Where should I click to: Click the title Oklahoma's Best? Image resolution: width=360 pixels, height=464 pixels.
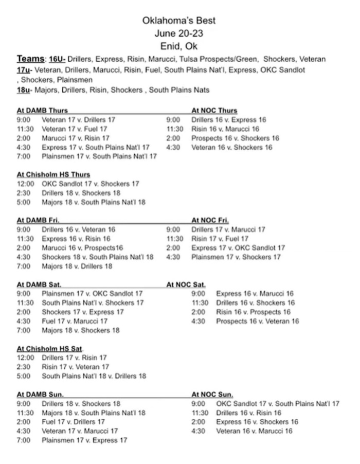pyautogui.click(x=179, y=21)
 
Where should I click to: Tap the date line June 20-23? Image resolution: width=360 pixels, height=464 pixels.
pyautogui.click(x=179, y=33)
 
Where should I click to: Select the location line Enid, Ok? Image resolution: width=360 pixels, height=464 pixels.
pyautogui.click(x=179, y=46)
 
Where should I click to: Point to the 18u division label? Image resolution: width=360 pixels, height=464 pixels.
pyautogui.click(x=25, y=90)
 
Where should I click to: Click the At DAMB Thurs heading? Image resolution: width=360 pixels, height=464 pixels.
pyautogui.click(x=42, y=110)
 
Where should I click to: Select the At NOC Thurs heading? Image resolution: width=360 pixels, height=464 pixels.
pyautogui.click(x=214, y=110)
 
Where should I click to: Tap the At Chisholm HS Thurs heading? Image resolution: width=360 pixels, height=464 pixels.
pyautogui.click(x=53, y=174)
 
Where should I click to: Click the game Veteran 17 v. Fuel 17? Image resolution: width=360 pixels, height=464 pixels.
pyautogui.click(x=75, y=129)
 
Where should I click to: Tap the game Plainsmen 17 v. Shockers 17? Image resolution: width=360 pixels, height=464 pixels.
pyautogui.click(x=236, y=257)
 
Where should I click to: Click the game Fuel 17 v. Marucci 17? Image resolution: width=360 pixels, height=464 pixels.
pyautogui.click(x=75, y=321)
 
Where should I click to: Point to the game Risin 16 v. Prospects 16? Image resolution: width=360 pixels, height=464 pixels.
pyautogui.click(x=253, y=312)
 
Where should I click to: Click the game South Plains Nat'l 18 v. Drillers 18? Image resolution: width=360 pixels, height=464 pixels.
pyautogui.click(x=94, y=376)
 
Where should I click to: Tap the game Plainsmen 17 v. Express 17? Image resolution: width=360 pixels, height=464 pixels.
pyautogui.click(x=84, y=440)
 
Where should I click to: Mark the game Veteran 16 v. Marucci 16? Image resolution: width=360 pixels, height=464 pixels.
pyautogui.click(x=254, y=431)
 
